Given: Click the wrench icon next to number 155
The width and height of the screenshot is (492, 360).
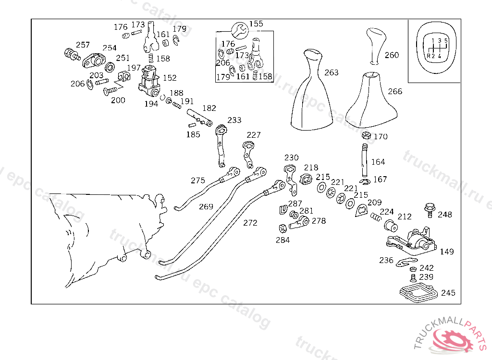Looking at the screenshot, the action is click(x=240, y=31).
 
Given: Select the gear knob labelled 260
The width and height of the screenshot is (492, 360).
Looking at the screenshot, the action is click(x=376, y=46).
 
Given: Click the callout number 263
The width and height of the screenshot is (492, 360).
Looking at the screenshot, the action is click(x=332, y=72).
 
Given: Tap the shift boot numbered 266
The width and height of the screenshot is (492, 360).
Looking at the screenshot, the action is click(x=371, y=100).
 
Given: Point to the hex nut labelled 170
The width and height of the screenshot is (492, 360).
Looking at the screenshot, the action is click(x=366, y=136).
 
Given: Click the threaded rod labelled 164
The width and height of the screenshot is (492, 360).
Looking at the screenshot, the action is click(x=364, y=160).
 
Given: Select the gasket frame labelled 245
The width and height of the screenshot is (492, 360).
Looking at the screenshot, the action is click(x=418, y=292).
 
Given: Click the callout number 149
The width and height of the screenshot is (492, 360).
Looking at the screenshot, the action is click(x=447, y=252).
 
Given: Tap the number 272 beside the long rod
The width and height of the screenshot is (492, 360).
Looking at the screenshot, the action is click(x=250, y=223).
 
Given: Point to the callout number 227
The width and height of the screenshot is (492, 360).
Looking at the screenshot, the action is click(x=254, y=135).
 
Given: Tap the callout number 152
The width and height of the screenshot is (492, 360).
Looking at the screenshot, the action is click(x=170, y=78).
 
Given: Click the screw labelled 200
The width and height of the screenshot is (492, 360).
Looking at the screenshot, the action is click(x=110, y=91).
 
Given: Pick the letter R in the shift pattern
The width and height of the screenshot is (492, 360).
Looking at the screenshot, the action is click(x=429, y=56).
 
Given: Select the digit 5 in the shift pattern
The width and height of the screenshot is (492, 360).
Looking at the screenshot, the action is click(x=446, y=40).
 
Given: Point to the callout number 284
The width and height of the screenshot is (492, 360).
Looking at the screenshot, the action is click(x=283, y=240).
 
